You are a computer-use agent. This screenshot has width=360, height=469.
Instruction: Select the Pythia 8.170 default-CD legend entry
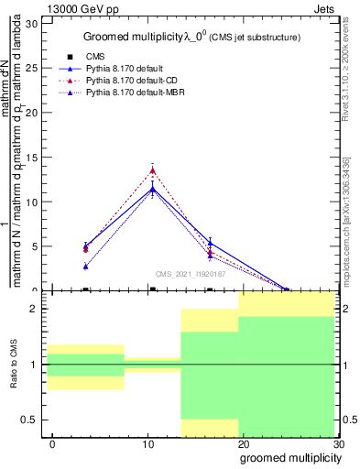pos(125,81)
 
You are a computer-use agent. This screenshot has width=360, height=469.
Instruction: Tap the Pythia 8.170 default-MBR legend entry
pos(127,93)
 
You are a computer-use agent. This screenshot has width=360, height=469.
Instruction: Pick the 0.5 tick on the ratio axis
pos(29,420)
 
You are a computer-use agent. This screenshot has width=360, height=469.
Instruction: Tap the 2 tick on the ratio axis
pos(34,309)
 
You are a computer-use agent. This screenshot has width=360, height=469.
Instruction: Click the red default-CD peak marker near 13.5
pos(153,169)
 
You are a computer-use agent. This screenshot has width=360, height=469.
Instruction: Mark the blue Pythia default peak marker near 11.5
pos(153,189)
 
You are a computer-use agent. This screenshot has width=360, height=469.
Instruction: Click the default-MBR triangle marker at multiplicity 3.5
pos(85,267)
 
